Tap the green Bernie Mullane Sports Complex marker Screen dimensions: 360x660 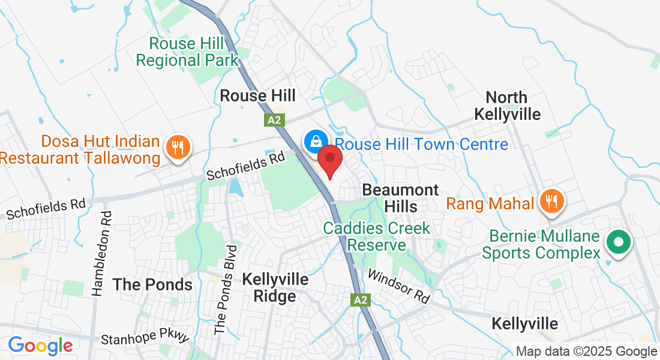pyautogui.click(x=618, y=243)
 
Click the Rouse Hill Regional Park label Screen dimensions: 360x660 pyautogui.click(x=187, y=52)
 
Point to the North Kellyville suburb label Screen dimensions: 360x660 pyautogui.click(x=507, y=106)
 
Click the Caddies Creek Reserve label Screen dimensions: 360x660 pyautogui.click(x=377, y=236)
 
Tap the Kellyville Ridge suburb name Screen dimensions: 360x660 pyautogui.click(x=275, y=288)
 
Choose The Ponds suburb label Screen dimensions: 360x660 pyautogui.click(x=152, y=284)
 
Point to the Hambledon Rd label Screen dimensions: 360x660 pyautogui.click(x=100, y=253)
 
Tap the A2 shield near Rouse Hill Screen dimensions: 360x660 pyautogui.click(x=274, y=120)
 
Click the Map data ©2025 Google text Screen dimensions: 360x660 pyautogui.click(x=587, y=352)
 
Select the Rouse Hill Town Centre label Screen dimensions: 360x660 pyautogui.click(x=421, y=145)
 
